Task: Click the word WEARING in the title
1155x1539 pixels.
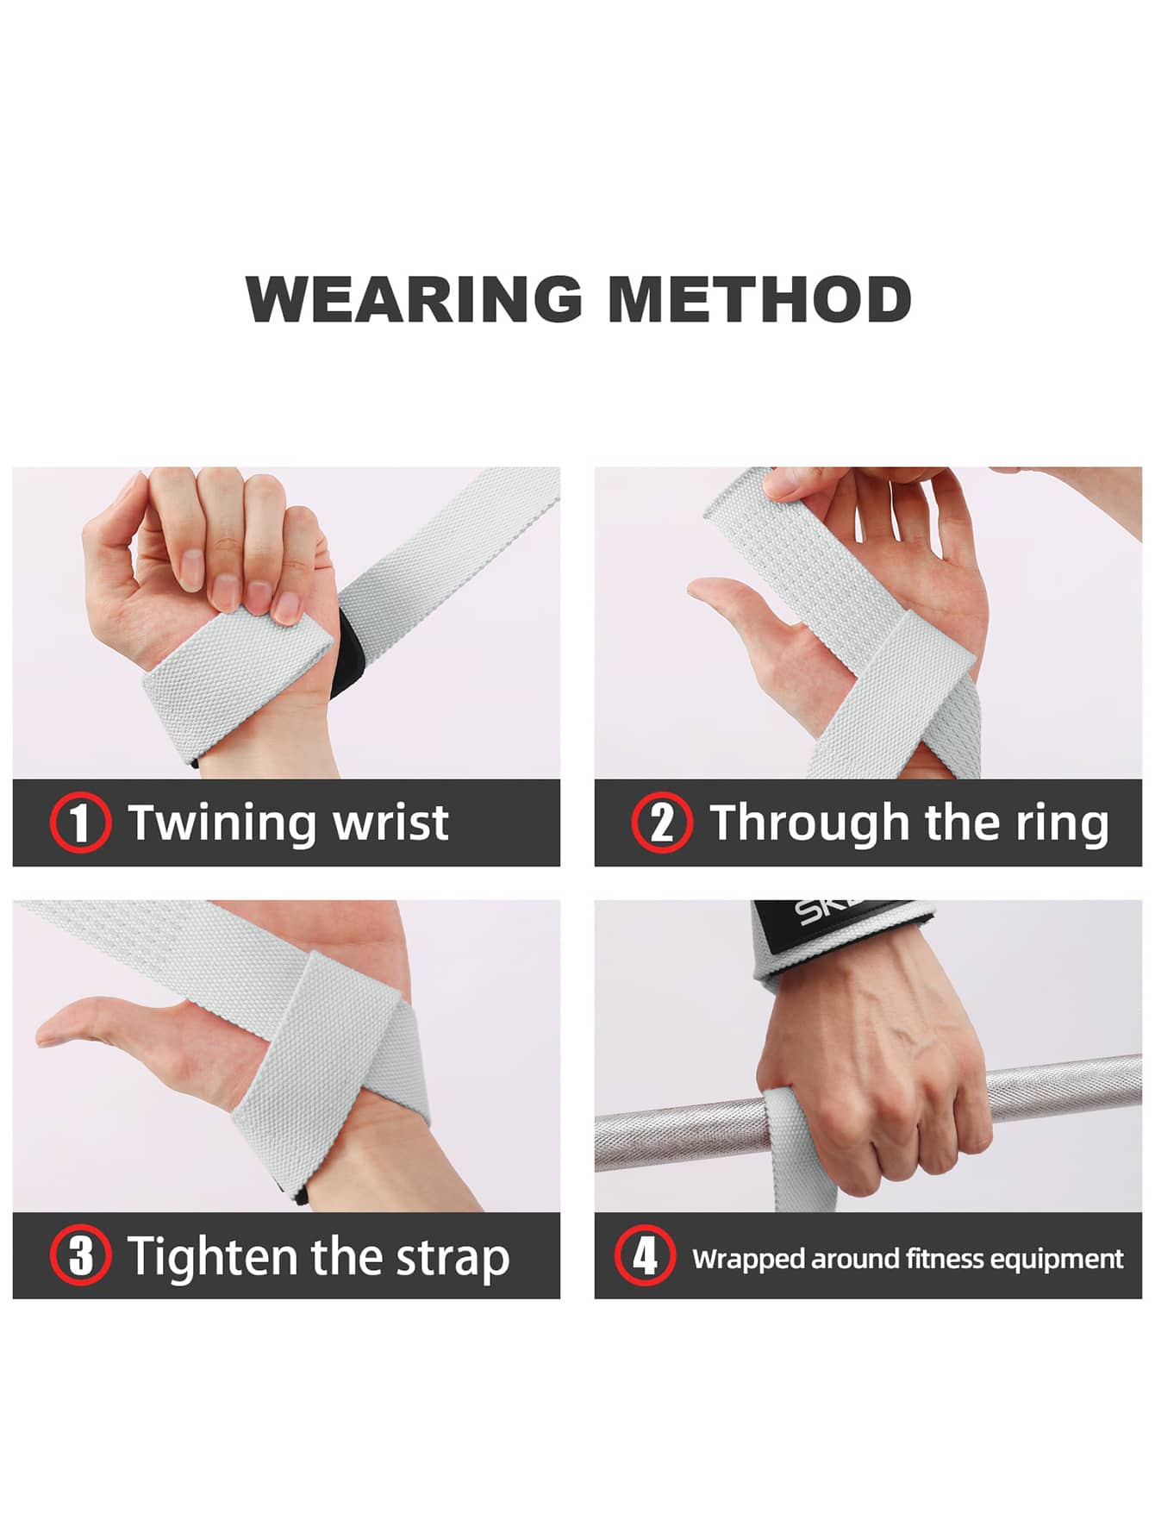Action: click(x=415, y=299)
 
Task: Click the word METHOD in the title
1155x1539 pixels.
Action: click(x=759, y=299)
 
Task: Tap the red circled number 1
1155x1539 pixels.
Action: click(x=80, y=823)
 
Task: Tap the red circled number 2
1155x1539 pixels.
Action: click(x=662, y=823)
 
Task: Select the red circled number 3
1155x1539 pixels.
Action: click(x=80, y=1255)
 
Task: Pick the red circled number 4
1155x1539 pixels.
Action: click(x=645, y=1255)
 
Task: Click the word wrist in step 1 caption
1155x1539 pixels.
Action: click(x=391, y=822)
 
